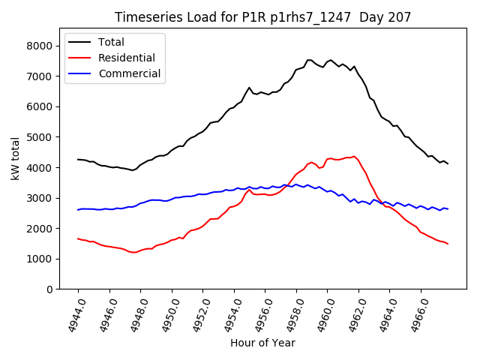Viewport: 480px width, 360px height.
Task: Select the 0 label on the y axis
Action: [49, 289]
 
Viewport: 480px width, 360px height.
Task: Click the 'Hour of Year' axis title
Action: [262, 343]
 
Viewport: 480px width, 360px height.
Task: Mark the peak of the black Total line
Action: [309, 60]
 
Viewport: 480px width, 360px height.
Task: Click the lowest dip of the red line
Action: [133, 252]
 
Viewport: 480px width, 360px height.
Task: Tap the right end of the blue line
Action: [448, 208]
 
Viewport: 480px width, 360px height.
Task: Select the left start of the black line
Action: [78, 159]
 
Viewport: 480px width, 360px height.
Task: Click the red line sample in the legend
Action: [81, 58]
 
